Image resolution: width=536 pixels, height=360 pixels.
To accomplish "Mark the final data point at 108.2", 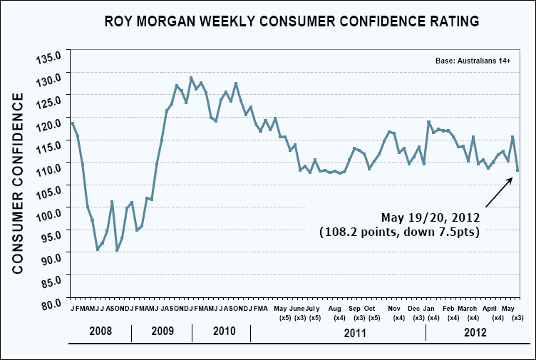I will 517,170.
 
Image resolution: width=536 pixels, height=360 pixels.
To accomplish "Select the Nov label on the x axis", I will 394,308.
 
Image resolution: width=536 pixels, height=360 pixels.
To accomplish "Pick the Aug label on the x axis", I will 335,308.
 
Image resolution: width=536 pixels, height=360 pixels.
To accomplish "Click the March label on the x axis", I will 468,308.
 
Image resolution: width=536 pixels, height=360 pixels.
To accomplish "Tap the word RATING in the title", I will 450,21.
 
